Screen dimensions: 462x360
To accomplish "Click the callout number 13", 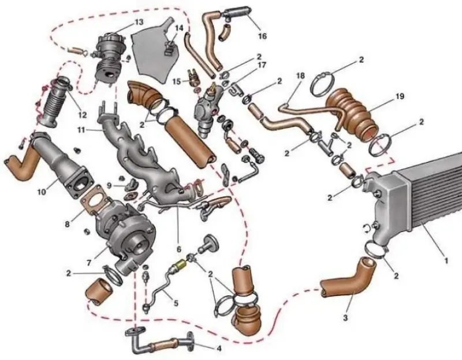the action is (139, 22).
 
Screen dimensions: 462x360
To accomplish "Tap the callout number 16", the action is (262, 36).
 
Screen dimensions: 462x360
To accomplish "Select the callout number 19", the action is (400, 96).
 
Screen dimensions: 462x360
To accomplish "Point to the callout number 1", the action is (446, 261).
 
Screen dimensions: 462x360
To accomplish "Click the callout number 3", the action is (345, 318).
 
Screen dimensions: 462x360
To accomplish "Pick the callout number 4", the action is (219, 348).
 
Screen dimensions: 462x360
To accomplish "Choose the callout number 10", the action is (42, 192).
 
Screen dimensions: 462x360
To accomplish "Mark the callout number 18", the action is (300, 76).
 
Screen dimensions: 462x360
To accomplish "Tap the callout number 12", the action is (82, 114).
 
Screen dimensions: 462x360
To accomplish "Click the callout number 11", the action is (83, 129).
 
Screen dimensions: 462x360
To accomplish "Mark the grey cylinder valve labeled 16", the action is (237, 12).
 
